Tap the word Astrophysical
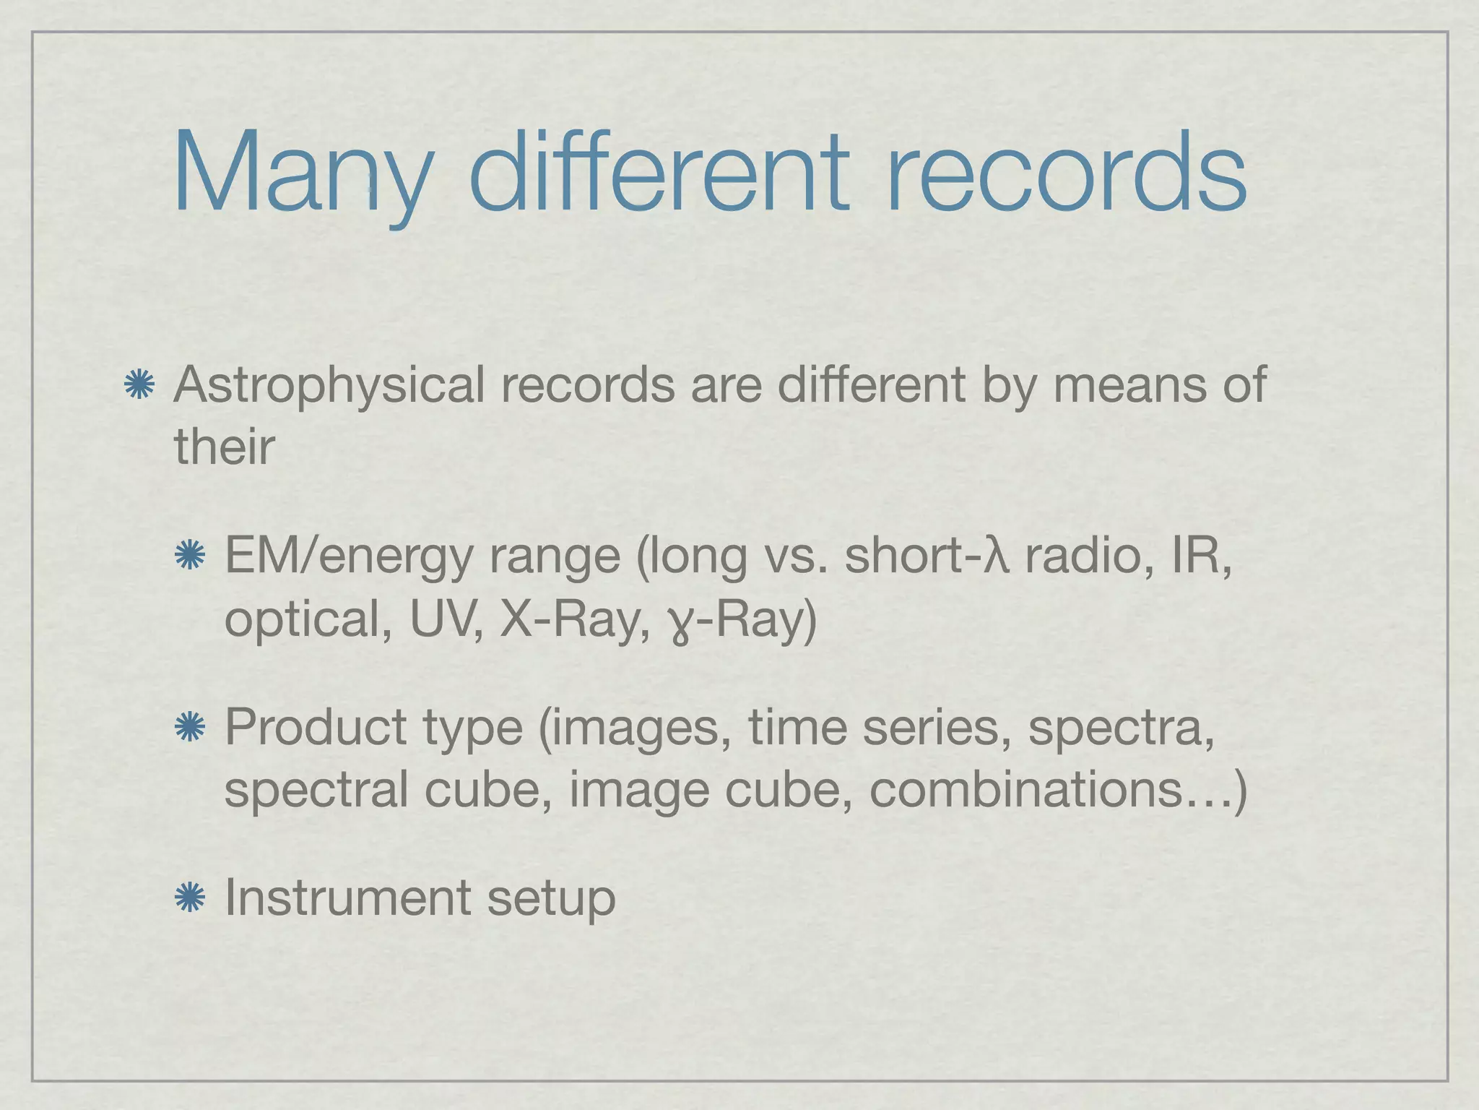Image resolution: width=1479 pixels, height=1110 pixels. pyautogui.click(x=329, y=385)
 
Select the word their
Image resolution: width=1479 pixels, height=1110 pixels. pyautogui.click(x=224, y=447)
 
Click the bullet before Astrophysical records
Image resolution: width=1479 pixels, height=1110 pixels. pyautogui.click(x=139, y=385)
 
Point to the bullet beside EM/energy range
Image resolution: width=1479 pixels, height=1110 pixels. pyautogui.click(x=191, y=556)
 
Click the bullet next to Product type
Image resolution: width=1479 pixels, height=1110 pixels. pyautogui.click(x=191, y=727)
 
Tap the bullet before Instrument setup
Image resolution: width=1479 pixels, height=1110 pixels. pyautogui.click(x=191, y=898)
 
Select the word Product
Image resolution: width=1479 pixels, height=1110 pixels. pyautogui.click(x=316, y=727)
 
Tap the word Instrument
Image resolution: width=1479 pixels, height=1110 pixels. pyautogui.click(x=347, y=898)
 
